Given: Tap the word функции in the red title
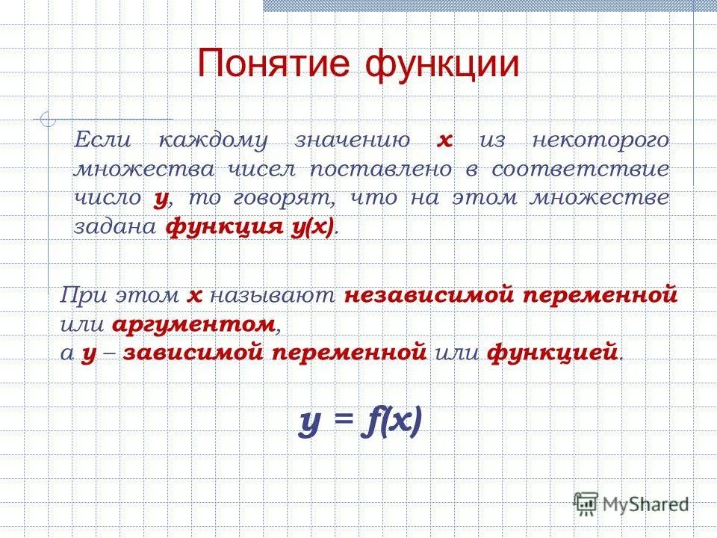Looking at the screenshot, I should point(441,64).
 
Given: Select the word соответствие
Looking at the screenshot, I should point(580,169).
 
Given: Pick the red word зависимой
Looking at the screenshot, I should point(193,353).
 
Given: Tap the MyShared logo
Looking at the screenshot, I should point(631,504).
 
